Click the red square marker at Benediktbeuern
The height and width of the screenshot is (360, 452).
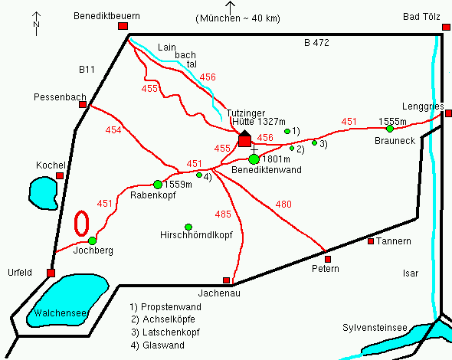pyautogui.click(x=123, y=27)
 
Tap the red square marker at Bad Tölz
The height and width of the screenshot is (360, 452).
pyautogui.click(x=447, y=27)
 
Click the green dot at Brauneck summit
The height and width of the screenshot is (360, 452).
pyautogui.click(x=389, y=128)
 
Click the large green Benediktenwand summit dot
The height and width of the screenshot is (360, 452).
pyautogui.click(x=254, y=159)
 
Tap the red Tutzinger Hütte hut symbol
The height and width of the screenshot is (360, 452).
pyautogui.click(x=244, y=139)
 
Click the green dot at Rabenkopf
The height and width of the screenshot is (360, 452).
pyautogui.click(x=158, y=184)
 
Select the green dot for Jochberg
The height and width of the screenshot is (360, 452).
pyautogui.click(x=92, y=240)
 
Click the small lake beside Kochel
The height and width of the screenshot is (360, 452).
pyautogui.click(x=41, y=192)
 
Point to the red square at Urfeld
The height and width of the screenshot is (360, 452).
pyautogui.click(x=51, y=273)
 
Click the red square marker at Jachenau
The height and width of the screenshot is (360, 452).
pyautogui.click(x=226, y=280)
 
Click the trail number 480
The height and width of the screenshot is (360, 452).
pyautogui.click(x=283, y=204)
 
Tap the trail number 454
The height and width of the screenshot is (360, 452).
pyautogui.click(x=113, y=130)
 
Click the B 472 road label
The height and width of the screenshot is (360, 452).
pyautogui.click(x=316, y=43)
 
